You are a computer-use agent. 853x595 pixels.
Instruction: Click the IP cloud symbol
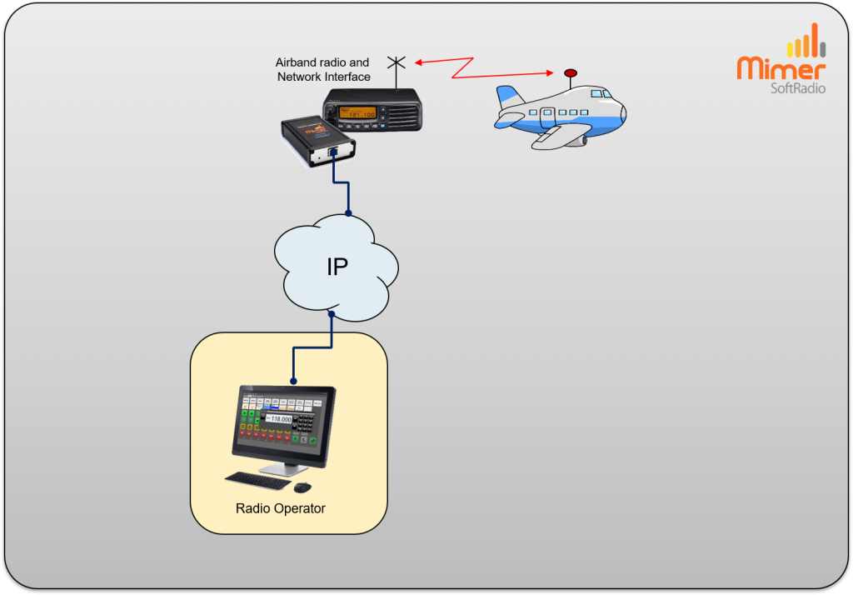click(x=337, y=265)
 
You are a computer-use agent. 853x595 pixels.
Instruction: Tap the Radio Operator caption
click(x=281, y=508)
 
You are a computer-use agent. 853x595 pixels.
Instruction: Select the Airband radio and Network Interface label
click(x=322, y=70)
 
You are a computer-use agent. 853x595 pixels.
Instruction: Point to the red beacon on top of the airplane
click(x=571, y=73)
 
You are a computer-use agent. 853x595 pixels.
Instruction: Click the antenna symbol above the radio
click(x=397, y=62)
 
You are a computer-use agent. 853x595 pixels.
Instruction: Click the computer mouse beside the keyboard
click(x=302, y=487)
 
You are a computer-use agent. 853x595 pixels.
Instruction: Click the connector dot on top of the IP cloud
click(x=348, y=212)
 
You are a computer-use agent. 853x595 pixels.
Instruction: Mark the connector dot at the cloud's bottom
click(x=332, y=314)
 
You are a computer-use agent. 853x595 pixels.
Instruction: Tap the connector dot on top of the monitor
click(x=292, y=381)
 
